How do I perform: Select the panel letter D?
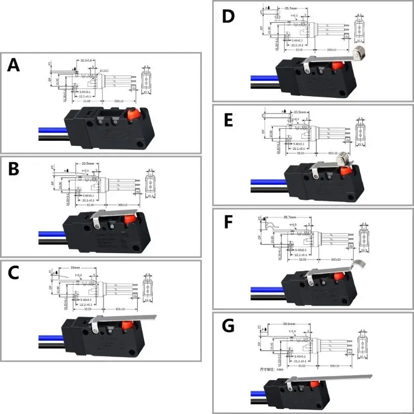coord(228,16)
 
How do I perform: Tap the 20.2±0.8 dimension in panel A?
coord(85,61)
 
